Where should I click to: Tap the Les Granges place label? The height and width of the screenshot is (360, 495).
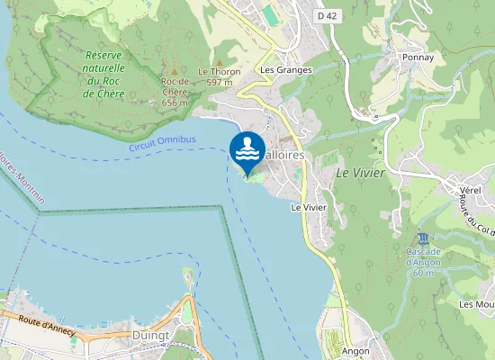[x=285, y=69]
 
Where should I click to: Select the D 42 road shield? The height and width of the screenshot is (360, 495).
[x=328, y=15]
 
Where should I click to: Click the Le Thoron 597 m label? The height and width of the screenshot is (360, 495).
[x=220, y=76]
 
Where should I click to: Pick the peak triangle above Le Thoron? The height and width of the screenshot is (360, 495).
[x=220, y=60]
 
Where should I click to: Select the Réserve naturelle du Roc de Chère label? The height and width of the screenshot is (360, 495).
[x=103, y=74]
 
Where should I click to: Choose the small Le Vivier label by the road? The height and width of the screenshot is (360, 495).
[x=308, y=207]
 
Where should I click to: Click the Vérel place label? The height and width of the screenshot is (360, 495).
[x=471, y=192]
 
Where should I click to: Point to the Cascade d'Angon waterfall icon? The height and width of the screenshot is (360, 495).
[x=423, y=238]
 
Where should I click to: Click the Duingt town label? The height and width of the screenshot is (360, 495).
[x=151, y=335]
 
